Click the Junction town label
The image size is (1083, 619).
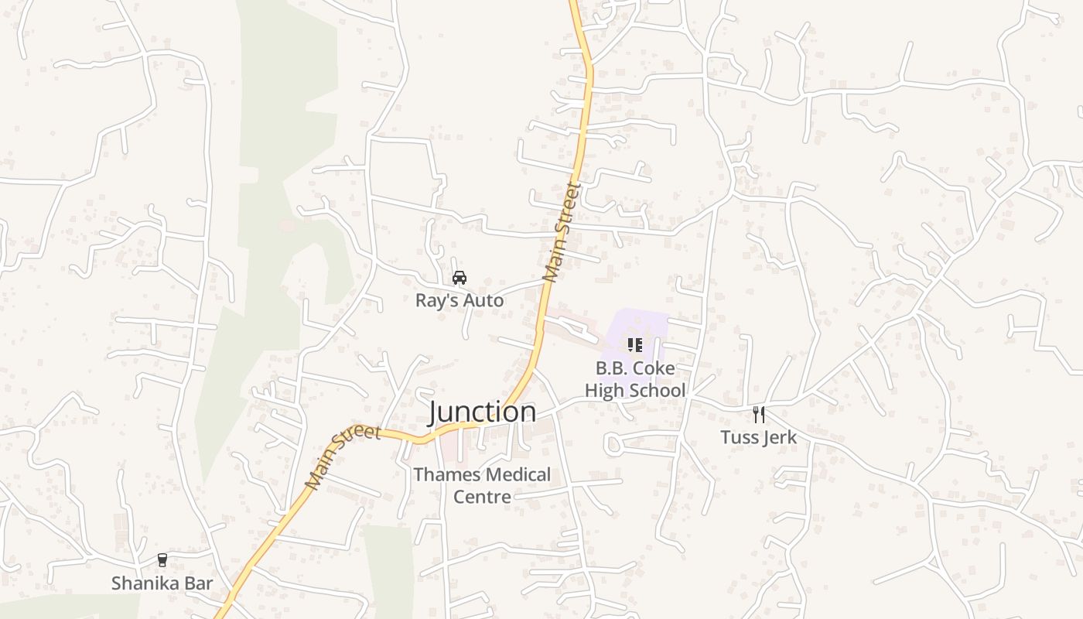tap(482, 412)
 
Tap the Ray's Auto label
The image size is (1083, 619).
tap(460, 301)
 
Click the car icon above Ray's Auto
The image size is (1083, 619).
tap(460, 278)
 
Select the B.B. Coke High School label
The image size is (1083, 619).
tap(635, 379)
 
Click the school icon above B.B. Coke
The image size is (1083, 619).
tap(635, 345)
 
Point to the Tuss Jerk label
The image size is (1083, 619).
tap(758, 437)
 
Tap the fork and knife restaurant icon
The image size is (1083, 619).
tap(759, 415)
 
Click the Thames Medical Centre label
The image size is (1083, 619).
tap(482, 485)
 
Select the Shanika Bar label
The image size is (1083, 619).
tap(162, 583)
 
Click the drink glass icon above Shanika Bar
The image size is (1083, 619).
tap(162, 560)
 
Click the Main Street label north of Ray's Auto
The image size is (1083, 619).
tap(562, 231)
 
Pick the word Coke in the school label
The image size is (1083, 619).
tap(654, 368)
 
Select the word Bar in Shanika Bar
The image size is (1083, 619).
tap(196, 583)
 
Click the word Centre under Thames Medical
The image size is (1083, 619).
tap(482, 497)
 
